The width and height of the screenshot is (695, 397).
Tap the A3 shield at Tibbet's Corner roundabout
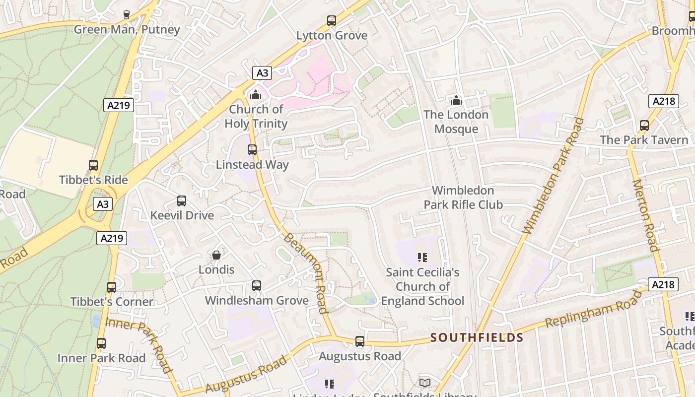(x=102, y=204)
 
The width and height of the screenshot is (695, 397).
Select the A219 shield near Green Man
(x=119, y=105)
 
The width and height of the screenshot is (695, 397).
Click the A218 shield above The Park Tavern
(x=664, y=101)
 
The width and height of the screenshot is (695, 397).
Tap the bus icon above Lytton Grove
(x=332, y=21)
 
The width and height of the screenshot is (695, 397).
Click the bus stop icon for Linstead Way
(x=252, y=149)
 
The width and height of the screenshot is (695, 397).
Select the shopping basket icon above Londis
(x=216, y=255)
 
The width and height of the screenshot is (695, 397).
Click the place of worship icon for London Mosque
(x=456, y=100)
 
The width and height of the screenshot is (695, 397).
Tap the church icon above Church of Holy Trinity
(x=256, y=94)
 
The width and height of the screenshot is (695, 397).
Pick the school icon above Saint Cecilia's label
(x=422, y=257)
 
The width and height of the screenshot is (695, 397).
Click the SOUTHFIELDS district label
(x=477, y=338)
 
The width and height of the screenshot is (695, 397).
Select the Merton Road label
(x=645, y=216)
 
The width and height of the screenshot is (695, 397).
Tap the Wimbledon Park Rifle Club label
(x=463, y=198)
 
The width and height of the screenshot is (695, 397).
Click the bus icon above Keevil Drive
(x=182, y=201)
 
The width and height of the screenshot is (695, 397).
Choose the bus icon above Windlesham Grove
(x=257, y=286)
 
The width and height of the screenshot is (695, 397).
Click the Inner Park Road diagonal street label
(x=139, y=344)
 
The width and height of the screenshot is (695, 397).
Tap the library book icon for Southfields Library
(x=425, y=383)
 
